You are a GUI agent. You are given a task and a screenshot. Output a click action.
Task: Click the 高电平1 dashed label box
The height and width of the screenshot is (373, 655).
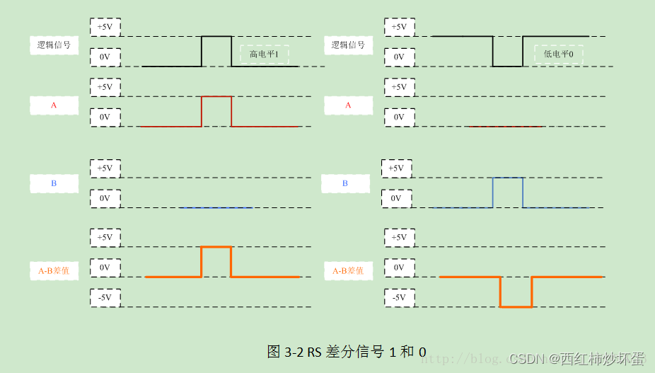(265, 54)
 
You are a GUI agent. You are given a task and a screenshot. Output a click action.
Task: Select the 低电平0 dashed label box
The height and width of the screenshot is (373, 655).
(559, 54)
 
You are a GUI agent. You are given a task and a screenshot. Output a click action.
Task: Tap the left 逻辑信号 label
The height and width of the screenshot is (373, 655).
(54, 45)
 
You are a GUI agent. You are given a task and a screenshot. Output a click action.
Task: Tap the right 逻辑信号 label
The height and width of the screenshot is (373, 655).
(348, 45)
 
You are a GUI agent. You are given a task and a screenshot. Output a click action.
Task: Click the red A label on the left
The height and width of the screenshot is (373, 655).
(54, 105)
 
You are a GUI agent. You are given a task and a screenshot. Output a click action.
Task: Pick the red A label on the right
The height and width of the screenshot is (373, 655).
(348, 105)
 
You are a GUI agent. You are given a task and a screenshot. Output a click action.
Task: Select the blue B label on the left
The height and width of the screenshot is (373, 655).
(54, 183)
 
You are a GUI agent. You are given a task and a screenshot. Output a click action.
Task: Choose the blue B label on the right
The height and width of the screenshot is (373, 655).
(345, 183)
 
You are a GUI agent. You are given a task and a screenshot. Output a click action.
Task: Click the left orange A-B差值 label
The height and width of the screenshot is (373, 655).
(54, 270)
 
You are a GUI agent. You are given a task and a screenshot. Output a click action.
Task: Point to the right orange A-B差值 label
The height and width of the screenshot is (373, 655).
(348, 270)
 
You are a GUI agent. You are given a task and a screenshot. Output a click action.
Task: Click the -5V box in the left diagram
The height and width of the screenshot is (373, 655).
(105, 297)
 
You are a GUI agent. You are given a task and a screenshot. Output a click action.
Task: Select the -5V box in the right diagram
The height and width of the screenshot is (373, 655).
(399, 297)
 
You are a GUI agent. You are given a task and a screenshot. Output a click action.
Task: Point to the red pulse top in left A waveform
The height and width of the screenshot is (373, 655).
(216, 96)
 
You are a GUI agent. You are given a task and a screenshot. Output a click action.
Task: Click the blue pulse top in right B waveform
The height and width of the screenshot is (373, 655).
(508, 178)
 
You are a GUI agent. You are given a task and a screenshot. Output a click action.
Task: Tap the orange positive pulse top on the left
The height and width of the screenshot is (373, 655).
(216, 247)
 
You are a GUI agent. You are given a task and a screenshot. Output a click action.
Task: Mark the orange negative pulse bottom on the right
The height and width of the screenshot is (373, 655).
(516, 306)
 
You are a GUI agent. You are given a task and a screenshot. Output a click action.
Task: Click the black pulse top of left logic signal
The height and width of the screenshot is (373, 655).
(216, 36)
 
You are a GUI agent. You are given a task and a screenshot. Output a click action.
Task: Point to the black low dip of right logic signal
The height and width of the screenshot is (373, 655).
(508, 67)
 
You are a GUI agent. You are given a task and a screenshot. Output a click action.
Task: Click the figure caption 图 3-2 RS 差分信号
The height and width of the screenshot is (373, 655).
(347, 352)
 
